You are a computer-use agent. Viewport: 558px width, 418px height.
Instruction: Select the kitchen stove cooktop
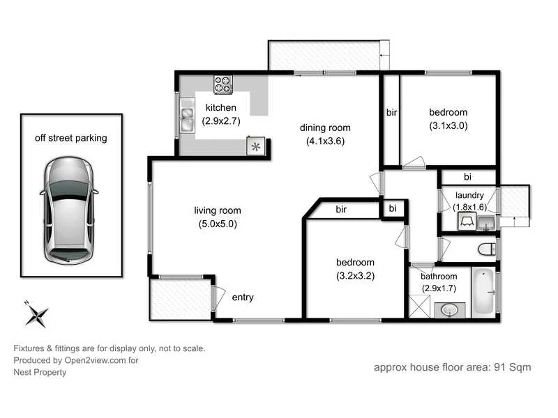(223, 84)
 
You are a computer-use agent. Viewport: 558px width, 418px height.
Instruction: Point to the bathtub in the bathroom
(483, 291)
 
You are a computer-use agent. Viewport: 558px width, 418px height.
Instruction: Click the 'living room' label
(218, 210)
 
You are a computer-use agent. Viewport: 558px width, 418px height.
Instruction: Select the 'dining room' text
(325, 127)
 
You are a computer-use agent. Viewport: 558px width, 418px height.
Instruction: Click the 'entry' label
(243, 297)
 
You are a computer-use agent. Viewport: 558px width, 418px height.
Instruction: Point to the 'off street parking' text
(71, 138)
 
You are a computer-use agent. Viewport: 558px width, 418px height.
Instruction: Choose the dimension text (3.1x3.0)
(448, 126)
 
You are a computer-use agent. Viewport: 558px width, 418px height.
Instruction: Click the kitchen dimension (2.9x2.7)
(220, 121)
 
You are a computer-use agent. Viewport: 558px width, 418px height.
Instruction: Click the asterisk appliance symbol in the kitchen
(255, 146)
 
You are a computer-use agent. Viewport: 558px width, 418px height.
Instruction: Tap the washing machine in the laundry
(467, 222)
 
